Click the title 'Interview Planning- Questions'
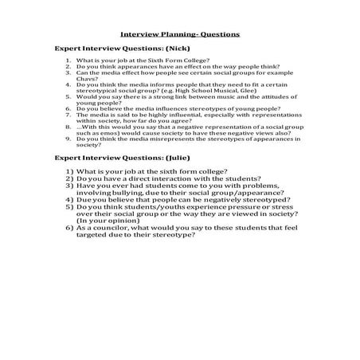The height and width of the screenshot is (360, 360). (179, 35)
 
